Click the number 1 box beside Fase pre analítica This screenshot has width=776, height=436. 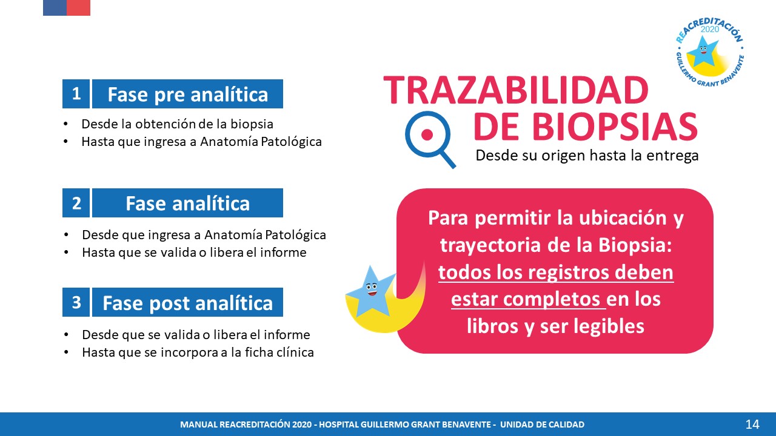[76, 94]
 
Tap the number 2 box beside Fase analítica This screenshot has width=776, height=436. [76, 203]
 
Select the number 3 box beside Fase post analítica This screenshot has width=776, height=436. [76, 302]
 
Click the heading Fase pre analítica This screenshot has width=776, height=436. [187, 94]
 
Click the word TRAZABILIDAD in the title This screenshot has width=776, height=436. [516, 90]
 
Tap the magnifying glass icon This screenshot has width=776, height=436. [430, 139]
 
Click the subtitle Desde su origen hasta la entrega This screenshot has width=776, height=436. [587, 156]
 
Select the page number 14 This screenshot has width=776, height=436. [752, 424]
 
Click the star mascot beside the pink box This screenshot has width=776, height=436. [370, 291]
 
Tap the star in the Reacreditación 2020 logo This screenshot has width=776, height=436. [703, 51]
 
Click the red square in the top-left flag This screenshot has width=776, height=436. [78, 8]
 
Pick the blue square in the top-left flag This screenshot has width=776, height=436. [55, 8]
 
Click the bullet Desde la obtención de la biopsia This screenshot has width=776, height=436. [177, 124]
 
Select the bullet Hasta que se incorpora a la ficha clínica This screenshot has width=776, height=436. [198, 352]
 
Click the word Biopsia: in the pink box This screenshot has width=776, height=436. [635, 245]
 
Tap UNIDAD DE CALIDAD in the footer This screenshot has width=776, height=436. [542, 424]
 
